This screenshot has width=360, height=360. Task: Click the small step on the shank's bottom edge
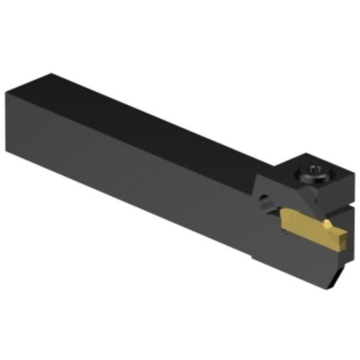pos(254,258)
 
